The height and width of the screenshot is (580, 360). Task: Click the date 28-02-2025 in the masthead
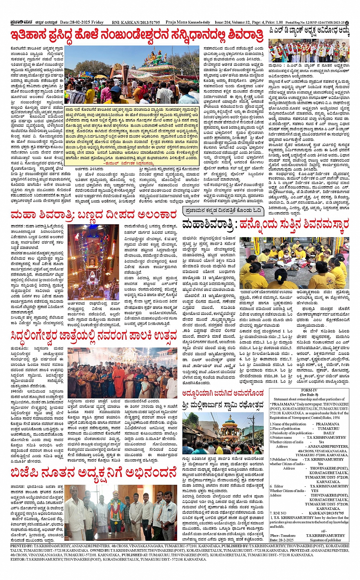click(x=76, y=22)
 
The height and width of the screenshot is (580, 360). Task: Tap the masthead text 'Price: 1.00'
click(x=274, y=22)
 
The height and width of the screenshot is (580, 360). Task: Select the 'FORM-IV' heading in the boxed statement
click(x=309, y=390)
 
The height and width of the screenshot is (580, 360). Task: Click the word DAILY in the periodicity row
click(x=329, y=433)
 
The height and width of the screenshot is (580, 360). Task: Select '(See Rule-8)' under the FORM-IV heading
click(x=309, y=395)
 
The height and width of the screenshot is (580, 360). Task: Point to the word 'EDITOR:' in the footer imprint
click(x=18, y=559)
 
